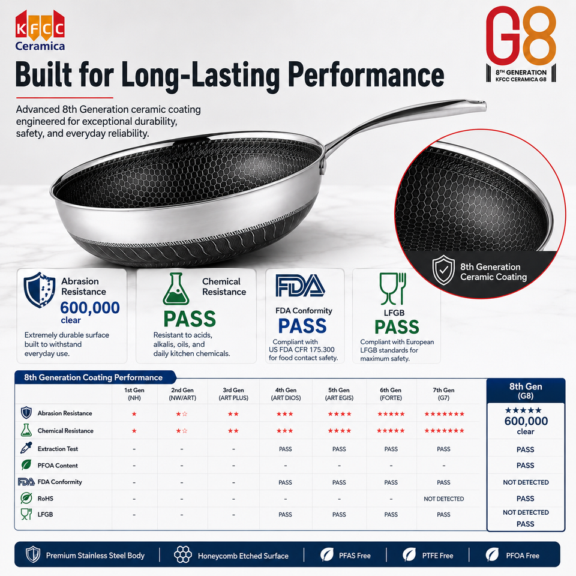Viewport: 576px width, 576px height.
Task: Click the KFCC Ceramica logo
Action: [x=40, y=31]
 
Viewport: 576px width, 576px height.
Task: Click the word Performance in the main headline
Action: [x=366, y=76]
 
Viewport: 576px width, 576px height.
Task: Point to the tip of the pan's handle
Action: [x=485, y=106]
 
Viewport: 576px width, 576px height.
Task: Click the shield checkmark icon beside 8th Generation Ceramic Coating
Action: [x=443, y=271]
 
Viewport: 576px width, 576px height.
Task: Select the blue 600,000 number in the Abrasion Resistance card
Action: [x=90, y=307]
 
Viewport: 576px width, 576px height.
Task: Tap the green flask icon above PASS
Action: [x=176, y=289]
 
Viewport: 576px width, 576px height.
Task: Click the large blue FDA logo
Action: [x=300, y=286]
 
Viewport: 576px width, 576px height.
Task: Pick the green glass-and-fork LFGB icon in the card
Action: [x=392, y=289]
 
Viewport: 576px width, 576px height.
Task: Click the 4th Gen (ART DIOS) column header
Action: [x=286, y=394]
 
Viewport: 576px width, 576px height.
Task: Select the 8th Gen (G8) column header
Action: [x=526, y=391]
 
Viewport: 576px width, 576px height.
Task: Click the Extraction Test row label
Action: [x=58, y=449]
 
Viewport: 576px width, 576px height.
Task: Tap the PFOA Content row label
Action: [x=58, y=466]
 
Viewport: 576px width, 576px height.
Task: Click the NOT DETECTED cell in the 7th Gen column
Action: [x=444, y=499]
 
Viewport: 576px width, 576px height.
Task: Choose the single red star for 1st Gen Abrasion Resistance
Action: [x=134, y=414]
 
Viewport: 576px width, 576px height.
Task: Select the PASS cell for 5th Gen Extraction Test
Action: [x=339, y=449]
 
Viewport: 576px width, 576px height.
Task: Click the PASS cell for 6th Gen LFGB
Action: [x=391, y=515]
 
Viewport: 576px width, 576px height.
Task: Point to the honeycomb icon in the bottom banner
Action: [x=182, y=554]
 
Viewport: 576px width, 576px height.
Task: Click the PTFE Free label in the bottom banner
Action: [x=437, y=556]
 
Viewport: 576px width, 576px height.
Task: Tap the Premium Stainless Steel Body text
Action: [x=95, y=556]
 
